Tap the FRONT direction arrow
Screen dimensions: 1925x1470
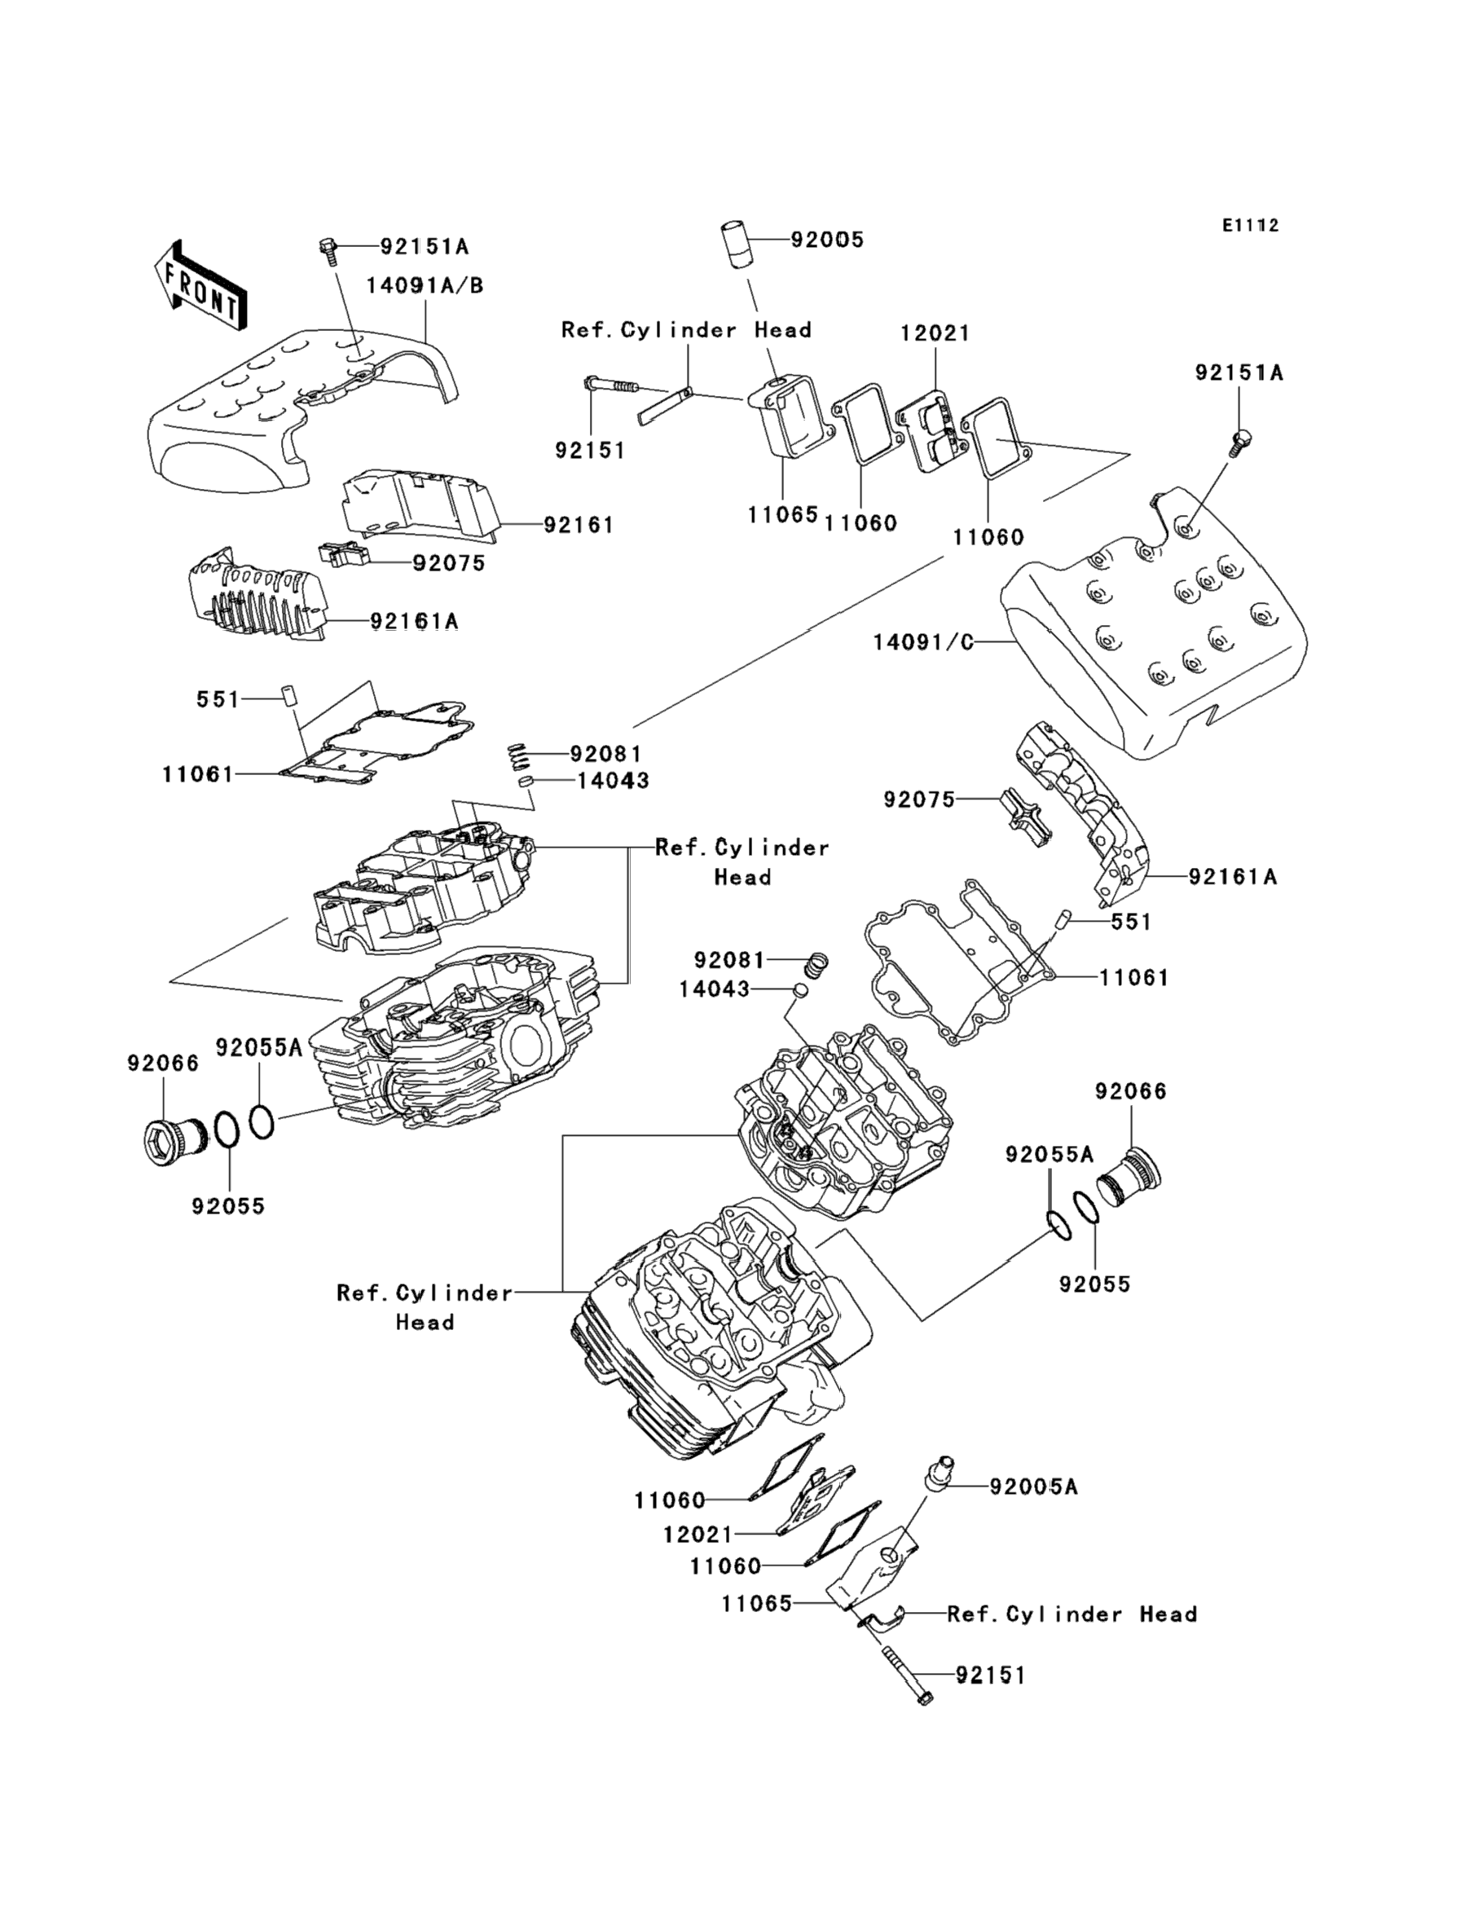(200, 285)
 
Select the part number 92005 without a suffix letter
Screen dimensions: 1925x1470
(827, 240)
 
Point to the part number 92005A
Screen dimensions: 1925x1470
(1033, 1487)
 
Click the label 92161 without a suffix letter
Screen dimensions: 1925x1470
(579, 525)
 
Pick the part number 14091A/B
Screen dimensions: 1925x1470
(425, 286)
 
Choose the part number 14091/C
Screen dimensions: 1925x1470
(922, 642)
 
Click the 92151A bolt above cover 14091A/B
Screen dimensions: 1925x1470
(328, 249)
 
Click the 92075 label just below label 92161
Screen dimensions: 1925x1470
(449, 562)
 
